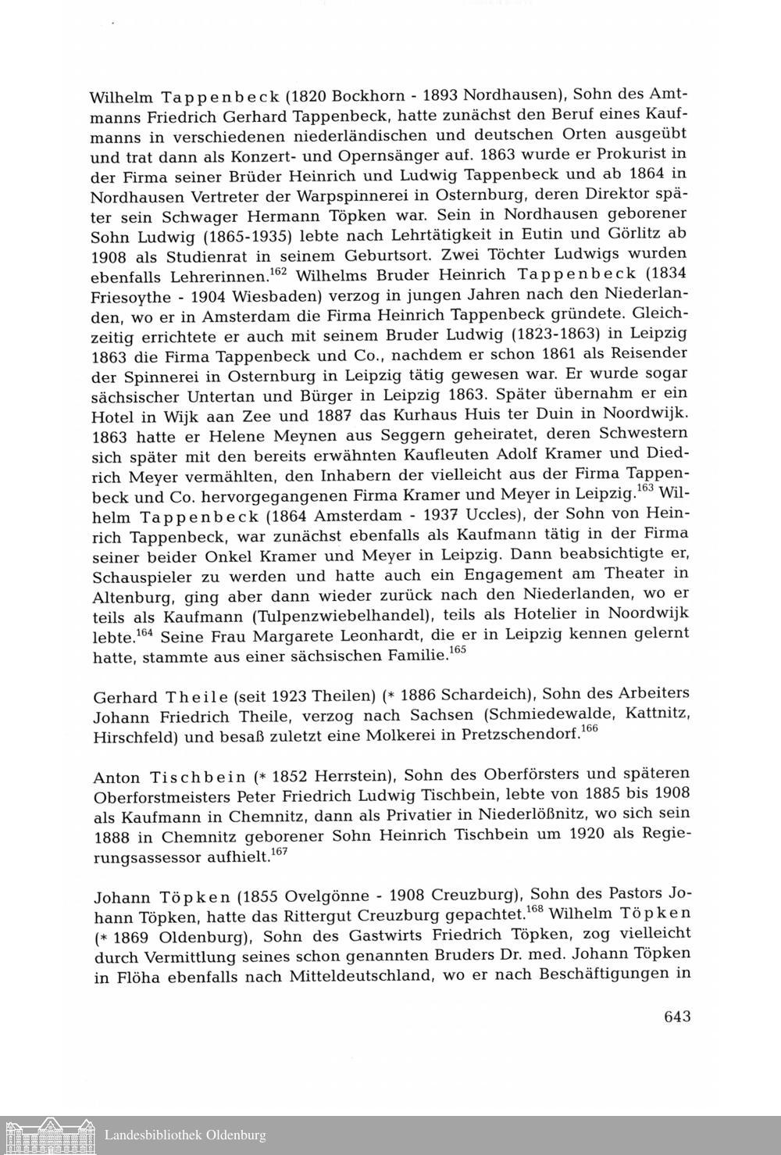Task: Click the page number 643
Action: (677, 1017)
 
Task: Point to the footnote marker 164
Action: (142, 630)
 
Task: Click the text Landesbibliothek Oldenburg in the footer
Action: (185, 1135)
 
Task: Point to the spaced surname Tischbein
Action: (201, 778)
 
